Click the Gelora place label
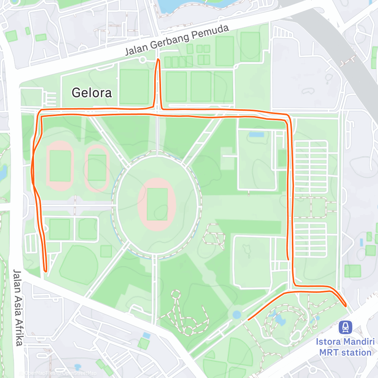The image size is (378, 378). coord(92,93)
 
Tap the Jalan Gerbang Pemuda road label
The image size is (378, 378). coord(177,40)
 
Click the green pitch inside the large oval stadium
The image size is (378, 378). coord(157,204)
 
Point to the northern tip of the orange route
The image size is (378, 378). coord(158,60)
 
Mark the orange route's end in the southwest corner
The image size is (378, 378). coord(45,271)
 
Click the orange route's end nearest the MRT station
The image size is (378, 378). coord(345,305)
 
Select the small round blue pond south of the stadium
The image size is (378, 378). coord(237,314)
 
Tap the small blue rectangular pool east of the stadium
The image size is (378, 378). coord(257,134)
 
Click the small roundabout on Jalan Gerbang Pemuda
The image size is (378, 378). coord(143,59)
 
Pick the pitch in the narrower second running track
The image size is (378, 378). coord(97,167)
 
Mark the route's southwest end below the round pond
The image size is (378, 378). coord(248,319)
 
